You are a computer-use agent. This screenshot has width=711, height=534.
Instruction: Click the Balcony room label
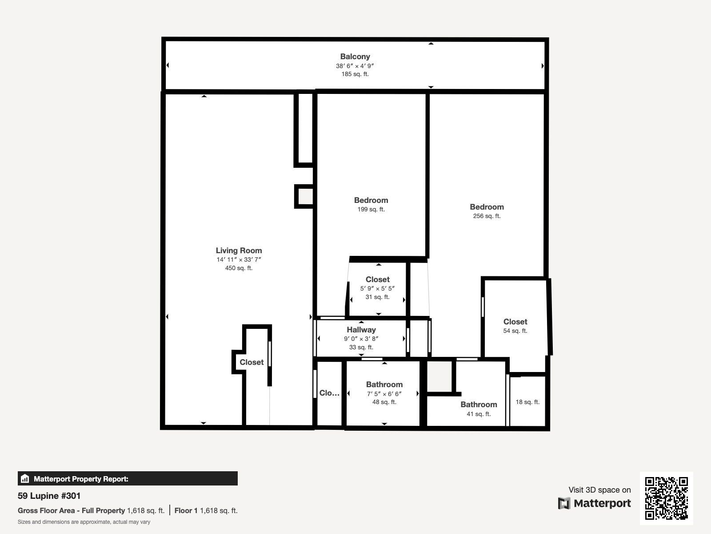pyautogui.click(x=355, y=57)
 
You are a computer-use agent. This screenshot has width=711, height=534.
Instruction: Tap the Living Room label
pyautogui.click(x=239, y=251)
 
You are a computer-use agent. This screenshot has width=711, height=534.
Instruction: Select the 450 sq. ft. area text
pyautogui.click(x=239, y=268)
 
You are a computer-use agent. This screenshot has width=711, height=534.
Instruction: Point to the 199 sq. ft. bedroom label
pyautogui.click(x=371, y=210)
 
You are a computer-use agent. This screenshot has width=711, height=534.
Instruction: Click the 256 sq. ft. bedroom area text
pyautogui.click(x=487, y=216)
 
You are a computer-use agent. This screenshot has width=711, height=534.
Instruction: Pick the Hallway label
pyautogui.click(x=361, y=330)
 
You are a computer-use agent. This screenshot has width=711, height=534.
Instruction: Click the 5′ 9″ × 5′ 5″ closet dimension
pyautogui.click(x=377, y=288)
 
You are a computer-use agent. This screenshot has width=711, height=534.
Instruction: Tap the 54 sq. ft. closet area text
pyautogui.click(x=515, y=331)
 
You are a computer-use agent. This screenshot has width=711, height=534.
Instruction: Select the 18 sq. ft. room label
pyautogui.click(x=527, y=402)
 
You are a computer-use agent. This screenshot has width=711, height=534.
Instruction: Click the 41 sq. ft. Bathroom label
pyautogui.click(x=479, y=405)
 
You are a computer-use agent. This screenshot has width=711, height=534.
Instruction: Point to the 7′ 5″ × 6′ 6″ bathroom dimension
pyautogui.click(x=384, y=394)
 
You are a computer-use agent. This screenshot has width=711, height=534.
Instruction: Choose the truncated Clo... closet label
pyautogui.click(x=329, y=393)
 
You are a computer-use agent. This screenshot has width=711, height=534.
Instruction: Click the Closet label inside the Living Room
pyautogui.click(x=252, y=362)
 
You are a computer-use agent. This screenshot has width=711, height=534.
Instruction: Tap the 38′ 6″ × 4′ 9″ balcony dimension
pyautogui.click(x=355, y=66)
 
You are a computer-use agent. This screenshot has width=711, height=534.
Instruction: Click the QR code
pyautogui.click(x=666, y=498)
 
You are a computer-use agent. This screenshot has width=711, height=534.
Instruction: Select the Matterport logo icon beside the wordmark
pyautogui.click(x=564, y=504)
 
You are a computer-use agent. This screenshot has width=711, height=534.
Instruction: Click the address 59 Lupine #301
pyautogui.click(x=49, y=496)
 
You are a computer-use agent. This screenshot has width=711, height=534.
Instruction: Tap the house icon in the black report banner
pyautogui.click(x=25, y=478)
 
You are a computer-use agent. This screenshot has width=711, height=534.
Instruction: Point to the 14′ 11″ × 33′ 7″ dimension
pyautogui.click(x=239, y=259)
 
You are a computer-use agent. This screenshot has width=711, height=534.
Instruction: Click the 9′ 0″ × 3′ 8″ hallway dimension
pyautogui.click(x=361, y=339)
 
